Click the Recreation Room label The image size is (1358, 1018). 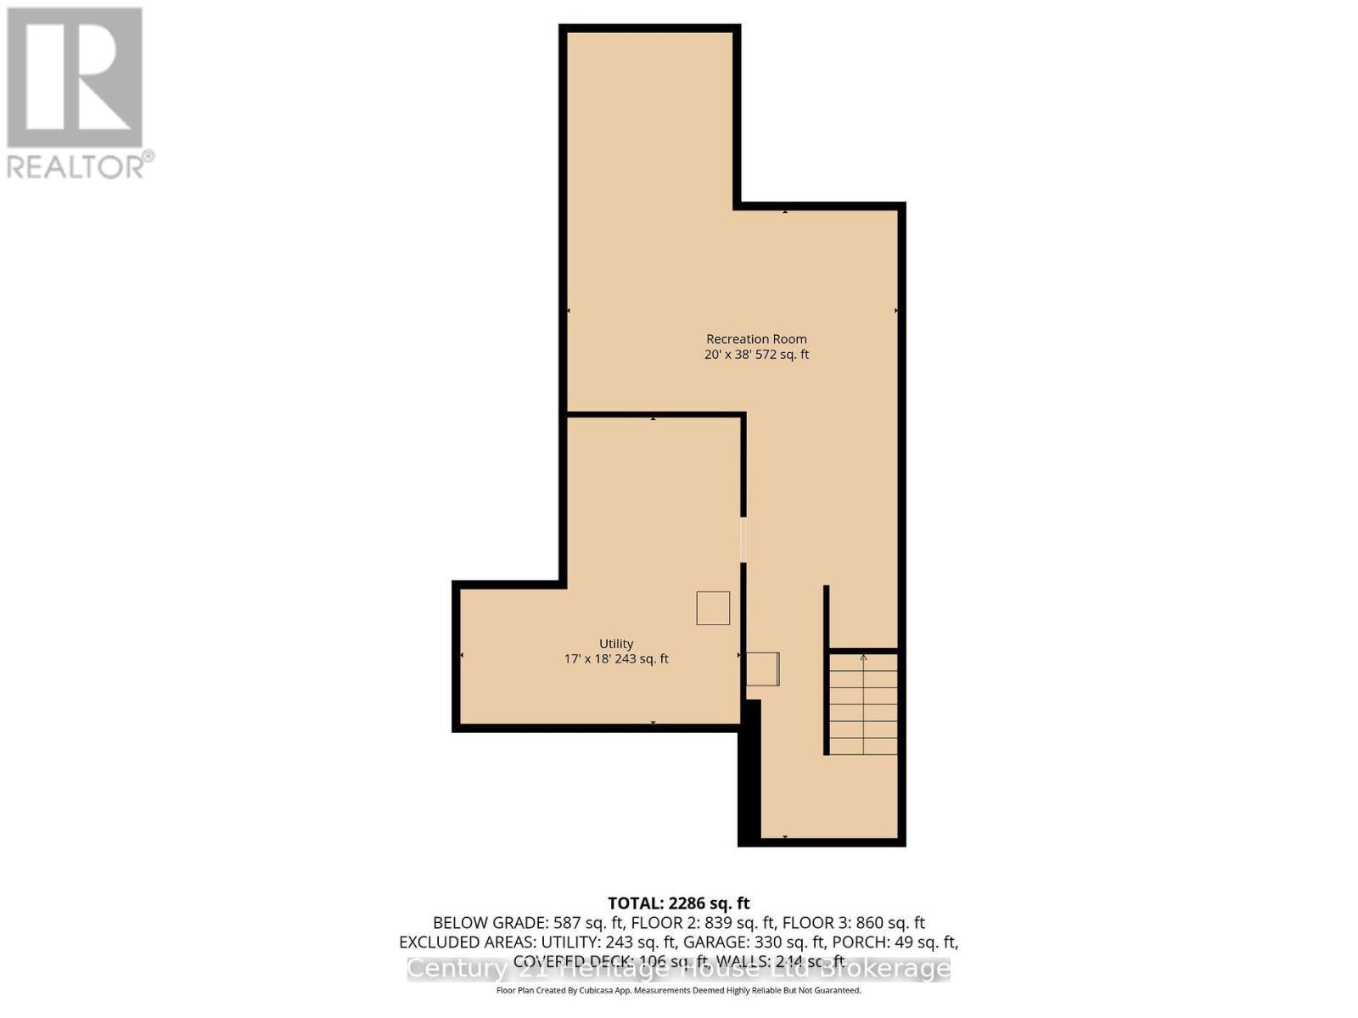tap(756, 339)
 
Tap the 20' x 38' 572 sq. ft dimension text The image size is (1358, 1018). tap(756, 355)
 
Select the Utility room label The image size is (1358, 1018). tap(616, 644)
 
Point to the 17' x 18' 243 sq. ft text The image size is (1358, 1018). tap(616, 659)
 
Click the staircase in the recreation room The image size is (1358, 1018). tap(863, 703)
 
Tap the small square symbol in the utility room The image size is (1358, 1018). tap(713, 608)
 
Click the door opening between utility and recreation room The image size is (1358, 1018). tap(744, 540)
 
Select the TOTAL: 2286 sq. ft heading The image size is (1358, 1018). tap(679, 903)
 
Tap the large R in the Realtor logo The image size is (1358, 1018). tap(75, 78)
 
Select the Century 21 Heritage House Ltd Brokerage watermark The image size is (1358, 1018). tap(679, 969)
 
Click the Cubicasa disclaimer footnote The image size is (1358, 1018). tap(679, 990)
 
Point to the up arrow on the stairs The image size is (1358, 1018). tap(863, 657)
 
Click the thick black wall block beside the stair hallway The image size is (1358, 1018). tap(749, 772)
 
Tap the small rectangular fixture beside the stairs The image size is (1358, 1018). tap(762, 668)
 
